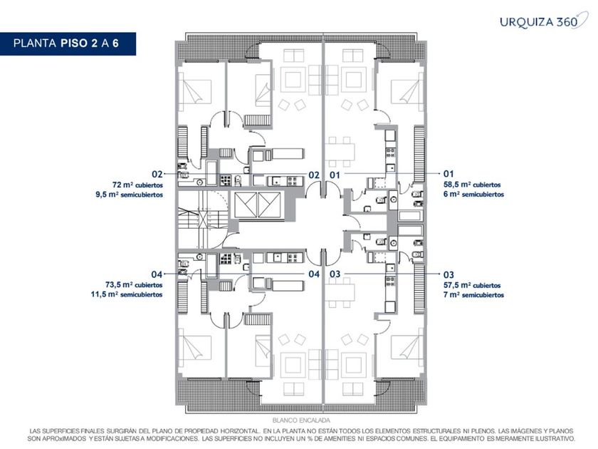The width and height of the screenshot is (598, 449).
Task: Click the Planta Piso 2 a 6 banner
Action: [x=68, y=43]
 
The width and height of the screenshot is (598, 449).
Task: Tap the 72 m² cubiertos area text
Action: [x=137, y=185]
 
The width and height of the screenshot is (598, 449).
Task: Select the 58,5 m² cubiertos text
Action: [x=472, y=185]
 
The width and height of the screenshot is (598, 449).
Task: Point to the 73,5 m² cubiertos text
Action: [x=134, y=285]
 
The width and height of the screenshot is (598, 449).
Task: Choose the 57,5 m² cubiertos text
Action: [x=472, y=285]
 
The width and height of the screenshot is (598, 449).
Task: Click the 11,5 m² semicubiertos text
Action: [x=127, y=294]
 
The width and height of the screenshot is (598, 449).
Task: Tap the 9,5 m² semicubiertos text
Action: [x=130, y=195]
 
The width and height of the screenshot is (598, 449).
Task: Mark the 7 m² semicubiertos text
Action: [x=473, y=295]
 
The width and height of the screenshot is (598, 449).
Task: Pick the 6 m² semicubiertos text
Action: [x=473, y=194]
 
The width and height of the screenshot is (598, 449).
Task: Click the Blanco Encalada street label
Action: [x=301, y=420]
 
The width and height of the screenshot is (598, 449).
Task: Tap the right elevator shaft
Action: [x=269, y=205]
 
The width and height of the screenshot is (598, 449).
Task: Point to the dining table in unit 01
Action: [x=340, y=152]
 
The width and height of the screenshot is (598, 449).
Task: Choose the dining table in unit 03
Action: [x=340, y=292]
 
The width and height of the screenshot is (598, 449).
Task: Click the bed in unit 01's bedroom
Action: [x=406, y=91]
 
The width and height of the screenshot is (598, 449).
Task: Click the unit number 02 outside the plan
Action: [x=157, y=175]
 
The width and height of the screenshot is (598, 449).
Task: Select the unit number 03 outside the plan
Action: [x=448, y=275]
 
